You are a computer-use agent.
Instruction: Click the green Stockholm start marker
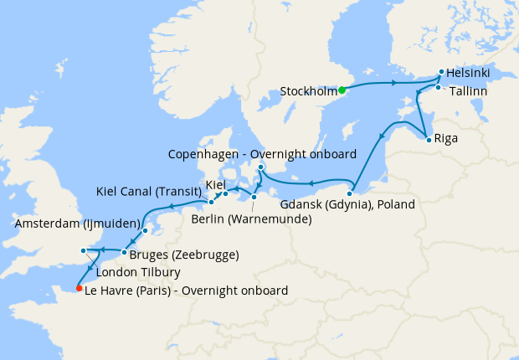(x=342, y=90)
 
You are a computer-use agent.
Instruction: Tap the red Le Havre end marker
(x=79, y=289)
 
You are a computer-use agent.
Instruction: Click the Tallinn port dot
(x=438, y=87)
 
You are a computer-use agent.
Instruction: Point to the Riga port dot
(x=429, y=139)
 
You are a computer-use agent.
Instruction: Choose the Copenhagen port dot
(x=260, y=167)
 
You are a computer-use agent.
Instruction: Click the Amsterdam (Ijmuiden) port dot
(x=145, y=230)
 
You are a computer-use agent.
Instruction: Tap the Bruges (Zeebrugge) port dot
(x=124, y=252)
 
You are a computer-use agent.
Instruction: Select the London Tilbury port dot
(x=82, y=250)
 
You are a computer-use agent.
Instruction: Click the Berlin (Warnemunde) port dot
(x=254, y=198)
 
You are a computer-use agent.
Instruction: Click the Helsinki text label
(x=469, y=73)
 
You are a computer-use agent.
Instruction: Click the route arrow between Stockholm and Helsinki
(x=392, y=84)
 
